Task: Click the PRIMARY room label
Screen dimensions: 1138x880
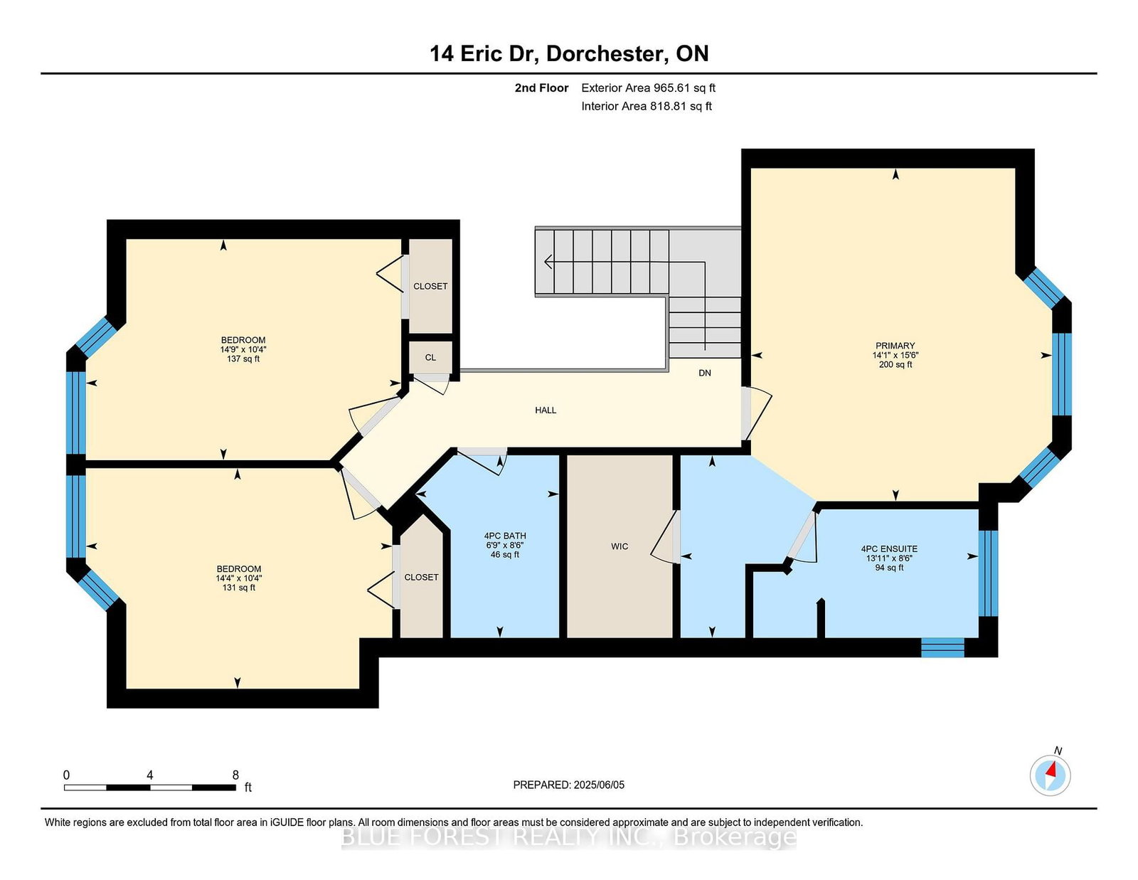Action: tap(895, 346)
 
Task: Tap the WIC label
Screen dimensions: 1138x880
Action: tap(619, 546)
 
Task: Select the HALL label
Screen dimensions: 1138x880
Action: tap(546, 410)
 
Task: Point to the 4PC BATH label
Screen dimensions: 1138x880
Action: tap(505, 536)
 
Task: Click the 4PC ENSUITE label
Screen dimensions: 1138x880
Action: tap(889, 549)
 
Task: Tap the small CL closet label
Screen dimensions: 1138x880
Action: tap(430, 358)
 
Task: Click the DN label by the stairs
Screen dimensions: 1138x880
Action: tap(705, 373)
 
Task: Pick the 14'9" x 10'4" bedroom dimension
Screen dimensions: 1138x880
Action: tap(243, 349)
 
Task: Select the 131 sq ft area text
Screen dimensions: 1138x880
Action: tap(239, 588)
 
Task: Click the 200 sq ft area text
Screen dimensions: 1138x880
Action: tap(895, 364)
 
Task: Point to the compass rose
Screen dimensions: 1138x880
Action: tap(1050, 775)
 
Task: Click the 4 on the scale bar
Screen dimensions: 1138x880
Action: tap(150, 775)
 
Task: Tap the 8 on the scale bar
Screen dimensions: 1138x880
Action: tap(235, 775)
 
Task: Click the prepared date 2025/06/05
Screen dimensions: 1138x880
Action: tap(599, 785)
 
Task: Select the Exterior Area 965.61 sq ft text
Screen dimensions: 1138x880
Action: tap(649, 88)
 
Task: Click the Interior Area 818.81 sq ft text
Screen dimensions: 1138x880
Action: tap(647, 106)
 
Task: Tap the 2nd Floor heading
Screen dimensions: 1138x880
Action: tap(541, 88)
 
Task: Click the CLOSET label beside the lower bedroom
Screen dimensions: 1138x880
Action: tap(422, 577)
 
